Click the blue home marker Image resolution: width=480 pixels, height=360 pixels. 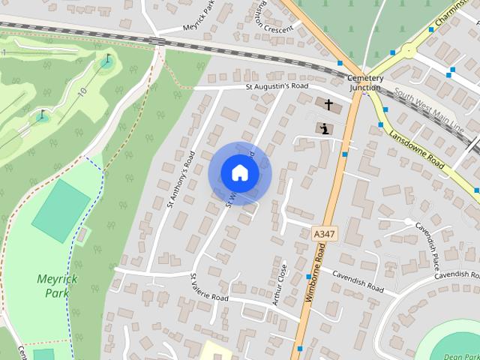point(239,172)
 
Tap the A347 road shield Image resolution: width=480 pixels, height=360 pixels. point(324,235)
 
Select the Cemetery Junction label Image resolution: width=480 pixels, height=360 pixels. point(365,82)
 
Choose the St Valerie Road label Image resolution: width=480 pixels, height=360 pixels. point(209,287)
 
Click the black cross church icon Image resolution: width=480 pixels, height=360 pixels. point(328,104)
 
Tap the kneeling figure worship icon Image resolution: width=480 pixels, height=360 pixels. point(324,128)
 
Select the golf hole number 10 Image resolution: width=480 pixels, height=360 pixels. point(82,91)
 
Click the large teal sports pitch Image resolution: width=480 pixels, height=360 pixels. point(61,210)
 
